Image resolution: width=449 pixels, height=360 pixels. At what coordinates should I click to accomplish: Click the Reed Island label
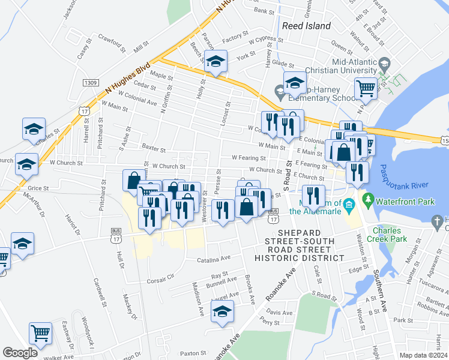pyautogui.click(x=306, y=26)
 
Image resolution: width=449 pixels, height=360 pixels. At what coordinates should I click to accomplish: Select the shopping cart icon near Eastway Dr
pyautogui.click(x=40, y=332)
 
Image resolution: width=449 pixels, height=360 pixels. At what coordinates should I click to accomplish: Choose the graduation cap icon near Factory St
pyautogui.click(x=215, y=61)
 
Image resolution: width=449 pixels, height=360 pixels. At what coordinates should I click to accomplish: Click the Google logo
pyautogui.click(x=20, y=353)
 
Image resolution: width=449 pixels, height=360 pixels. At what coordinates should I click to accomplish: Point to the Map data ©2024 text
pyautogui.click(x=423, y=355)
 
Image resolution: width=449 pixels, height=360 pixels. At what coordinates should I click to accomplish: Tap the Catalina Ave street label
pyautogui.click(x=214, y=259)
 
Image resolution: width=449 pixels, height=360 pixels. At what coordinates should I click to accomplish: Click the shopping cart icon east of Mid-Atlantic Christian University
pyautogui.click(x=366, y=88)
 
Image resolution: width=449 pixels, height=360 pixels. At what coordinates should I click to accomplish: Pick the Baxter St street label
pyautogui.click(x=152, y=146)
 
